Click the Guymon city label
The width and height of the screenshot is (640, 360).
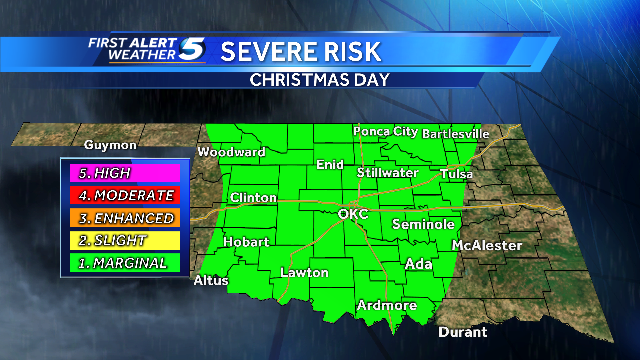pos(109,144)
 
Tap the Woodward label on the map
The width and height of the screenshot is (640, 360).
pos(232,152)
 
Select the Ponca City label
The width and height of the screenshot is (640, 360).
pos(385,131)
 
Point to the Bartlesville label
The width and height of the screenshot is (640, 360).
pos(456,132)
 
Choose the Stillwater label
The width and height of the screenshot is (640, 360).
pos(388,172)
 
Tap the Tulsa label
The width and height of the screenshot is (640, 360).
pos(456,174)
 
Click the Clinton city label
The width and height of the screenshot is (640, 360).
pos(253,198)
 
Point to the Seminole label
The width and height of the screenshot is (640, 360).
pos(425,224)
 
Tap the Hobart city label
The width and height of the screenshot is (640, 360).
pos(246,242)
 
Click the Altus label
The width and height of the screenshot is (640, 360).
pos(211,280)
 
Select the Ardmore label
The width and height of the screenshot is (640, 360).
pos(387,305)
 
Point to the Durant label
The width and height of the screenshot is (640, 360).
pos(462,332)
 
